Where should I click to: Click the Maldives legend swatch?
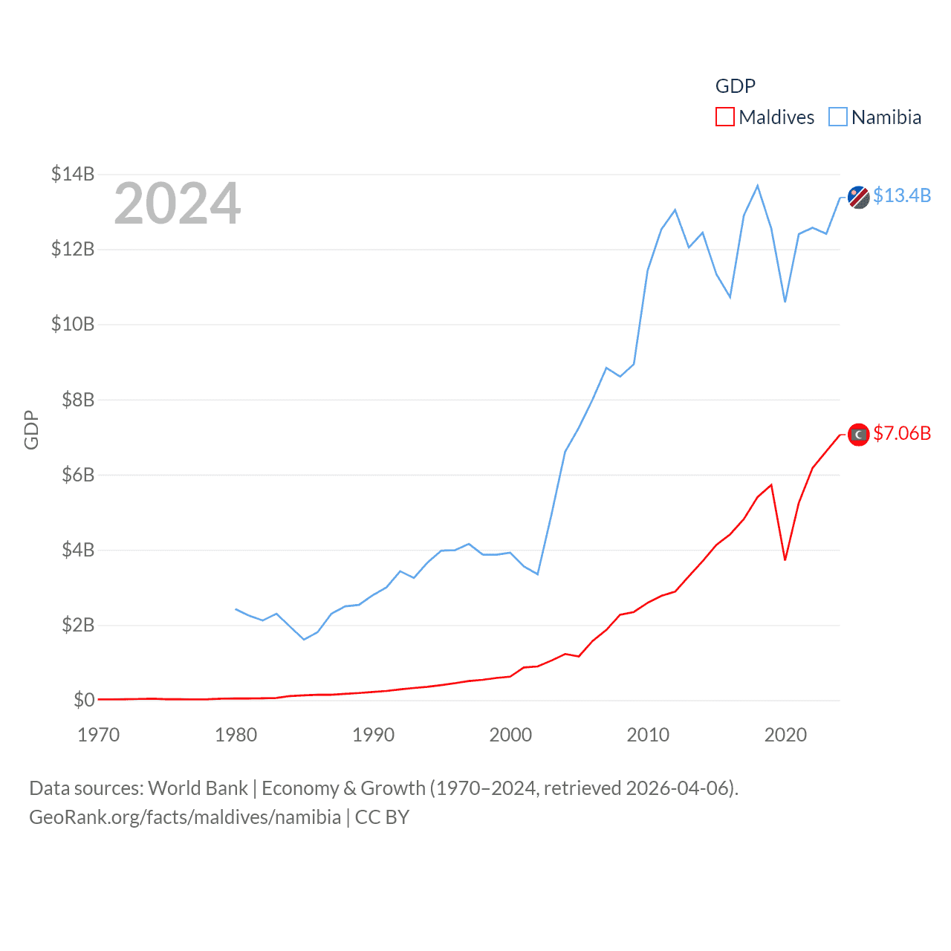[724, 117]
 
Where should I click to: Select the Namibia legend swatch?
[837, 117]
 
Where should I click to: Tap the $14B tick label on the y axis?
[73, 174]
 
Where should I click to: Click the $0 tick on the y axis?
[84, 700]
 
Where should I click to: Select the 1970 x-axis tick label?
[99, 735]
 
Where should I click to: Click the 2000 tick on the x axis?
[510, 735]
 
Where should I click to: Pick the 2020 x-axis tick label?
[785, 735]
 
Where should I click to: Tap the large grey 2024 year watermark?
[177, 203]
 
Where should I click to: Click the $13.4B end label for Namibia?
[901, 195]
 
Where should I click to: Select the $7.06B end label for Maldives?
[901, 433]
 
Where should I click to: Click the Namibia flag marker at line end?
[858, 198]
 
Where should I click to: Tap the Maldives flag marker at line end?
[858, 435]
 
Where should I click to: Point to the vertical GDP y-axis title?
[31, 429]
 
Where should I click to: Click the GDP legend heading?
[735, 86]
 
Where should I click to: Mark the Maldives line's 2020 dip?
[785, 559]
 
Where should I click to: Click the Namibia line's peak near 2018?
[758, 186]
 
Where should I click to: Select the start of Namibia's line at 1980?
[236, 609]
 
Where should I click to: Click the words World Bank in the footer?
[198, 788]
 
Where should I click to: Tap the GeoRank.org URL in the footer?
[185, 817]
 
